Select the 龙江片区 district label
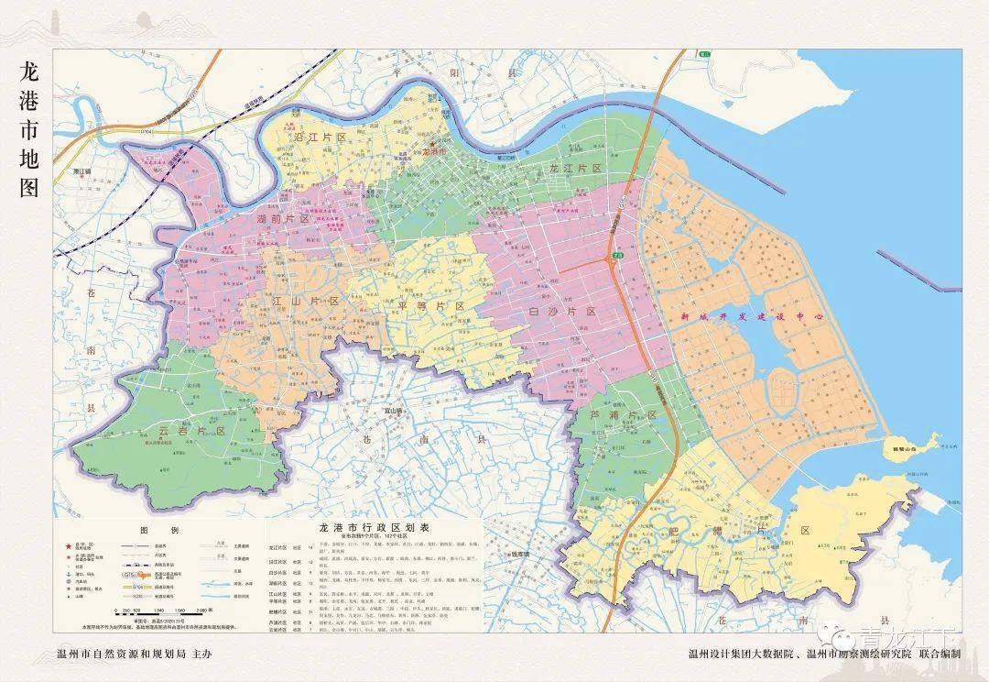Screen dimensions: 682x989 coord(574,169)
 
